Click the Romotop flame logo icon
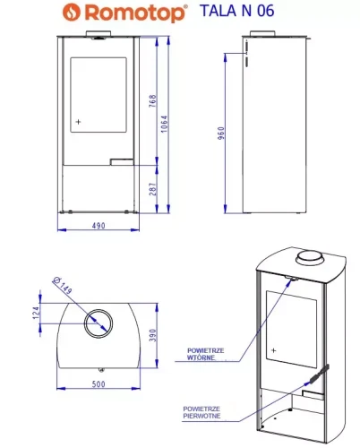tap(72, 13)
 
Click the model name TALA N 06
tap(236, 11)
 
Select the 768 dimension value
tap(152, 101)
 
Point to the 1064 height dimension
tap(165, 124)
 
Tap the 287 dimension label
tap(153, 189)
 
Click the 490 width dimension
tap(99, 226)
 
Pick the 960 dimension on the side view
tap(221, 134)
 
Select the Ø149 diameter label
tap(62, 286)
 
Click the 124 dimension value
tap(36, 313)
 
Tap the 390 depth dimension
tap(153, 335)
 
